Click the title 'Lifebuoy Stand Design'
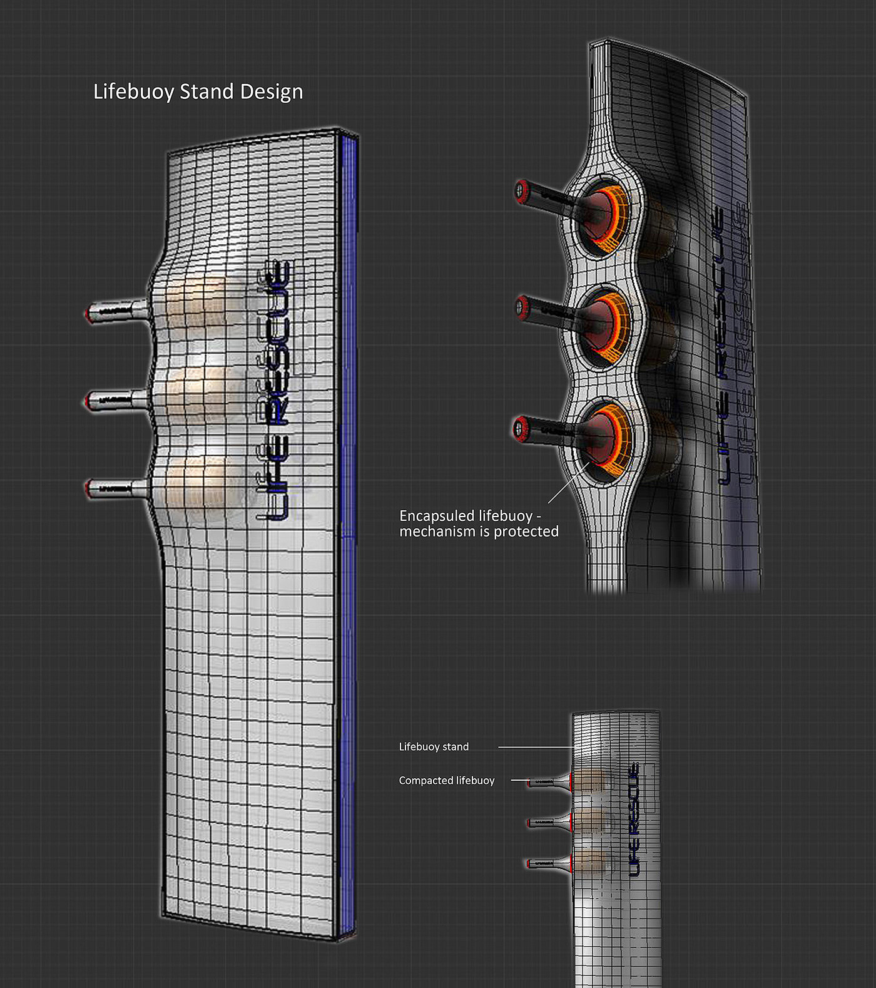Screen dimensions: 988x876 (x=198, y=92)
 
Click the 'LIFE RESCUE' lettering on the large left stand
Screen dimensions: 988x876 (x=274, y=391)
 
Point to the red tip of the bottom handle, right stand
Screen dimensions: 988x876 (x=519, y=428)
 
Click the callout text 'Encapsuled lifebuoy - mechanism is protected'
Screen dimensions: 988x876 (x=479, y=524)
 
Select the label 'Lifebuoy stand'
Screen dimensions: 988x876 (x=434, y=747)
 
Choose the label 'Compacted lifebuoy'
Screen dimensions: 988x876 (x=447, y=781)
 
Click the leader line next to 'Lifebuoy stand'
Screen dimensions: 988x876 (x=536, y=747)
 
